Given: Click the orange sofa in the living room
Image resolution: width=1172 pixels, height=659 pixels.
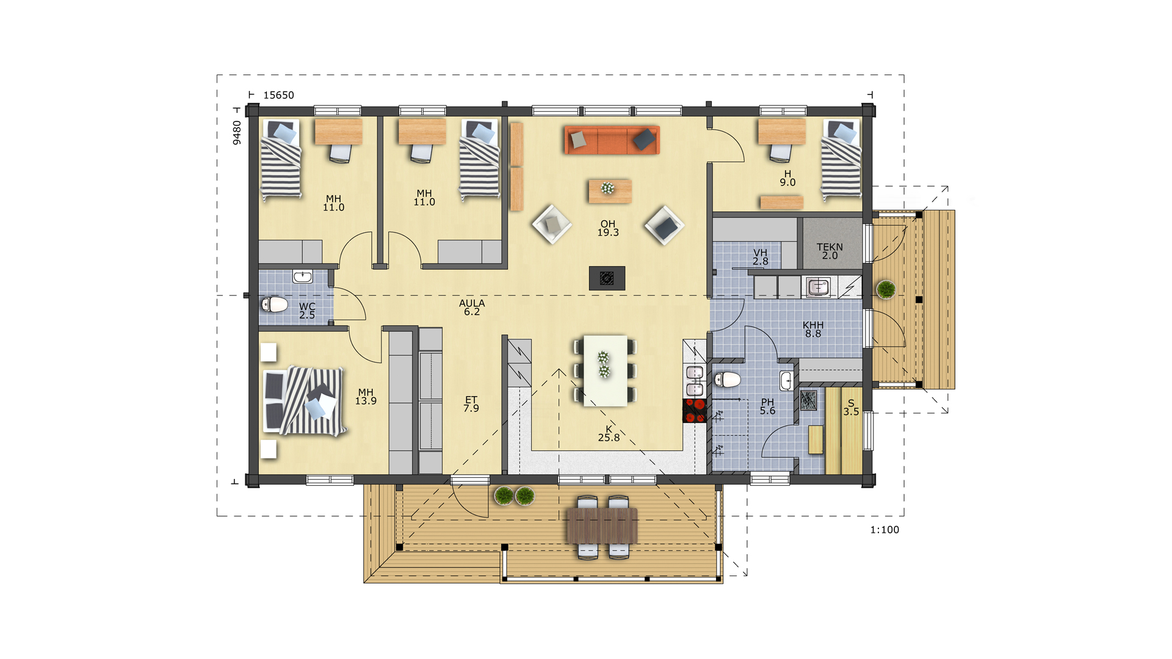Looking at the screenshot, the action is [612, 140].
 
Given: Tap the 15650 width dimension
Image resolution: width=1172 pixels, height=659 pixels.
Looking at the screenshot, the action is [278, 95].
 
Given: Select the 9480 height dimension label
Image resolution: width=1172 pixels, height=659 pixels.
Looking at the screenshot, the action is [237, 132].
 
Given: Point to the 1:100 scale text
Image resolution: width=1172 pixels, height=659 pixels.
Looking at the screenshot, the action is [884, 530].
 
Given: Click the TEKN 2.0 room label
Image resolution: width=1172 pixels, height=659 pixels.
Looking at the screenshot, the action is [830, 251].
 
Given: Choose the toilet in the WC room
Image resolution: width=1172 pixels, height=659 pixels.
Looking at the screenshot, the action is [275, 304].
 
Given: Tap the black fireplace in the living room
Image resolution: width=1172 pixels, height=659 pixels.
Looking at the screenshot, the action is [607, 278].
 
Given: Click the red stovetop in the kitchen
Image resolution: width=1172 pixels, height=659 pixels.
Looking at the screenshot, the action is [695, 410].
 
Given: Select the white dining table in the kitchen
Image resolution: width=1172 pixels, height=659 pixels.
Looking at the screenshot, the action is [605, 370].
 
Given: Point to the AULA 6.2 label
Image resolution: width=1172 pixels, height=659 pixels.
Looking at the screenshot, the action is [472, 308].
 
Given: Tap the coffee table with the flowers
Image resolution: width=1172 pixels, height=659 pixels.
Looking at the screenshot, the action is [610, 190].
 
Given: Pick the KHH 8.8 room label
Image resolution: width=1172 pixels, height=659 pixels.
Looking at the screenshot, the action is [813, 329].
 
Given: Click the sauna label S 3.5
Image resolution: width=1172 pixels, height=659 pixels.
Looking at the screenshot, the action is [851, 408].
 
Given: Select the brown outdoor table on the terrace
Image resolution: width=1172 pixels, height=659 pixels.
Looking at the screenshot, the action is [602, 526].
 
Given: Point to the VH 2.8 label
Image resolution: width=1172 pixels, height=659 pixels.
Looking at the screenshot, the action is [760, 257].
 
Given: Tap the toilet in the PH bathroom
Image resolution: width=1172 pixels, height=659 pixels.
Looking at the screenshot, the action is [727, 380].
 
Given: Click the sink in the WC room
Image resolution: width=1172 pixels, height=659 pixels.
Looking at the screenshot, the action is [303, 276].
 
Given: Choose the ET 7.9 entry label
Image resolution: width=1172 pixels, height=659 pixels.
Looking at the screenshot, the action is [471, 404].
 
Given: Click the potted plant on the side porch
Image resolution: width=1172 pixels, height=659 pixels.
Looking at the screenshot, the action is [886, 289].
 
